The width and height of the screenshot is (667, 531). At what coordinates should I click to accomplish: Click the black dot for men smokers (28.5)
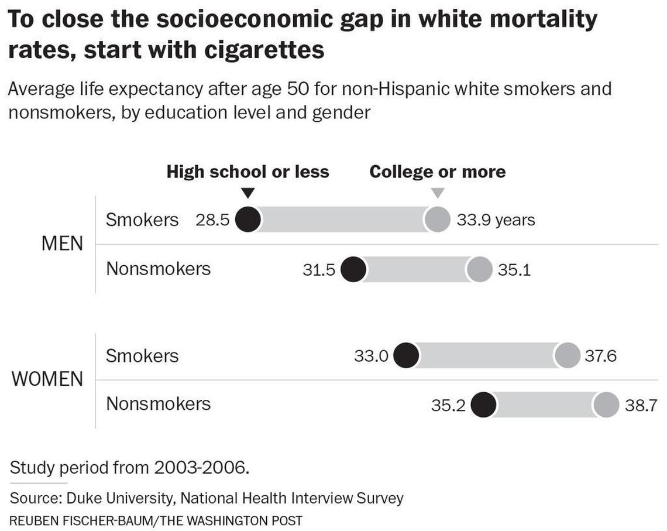pos(249,220)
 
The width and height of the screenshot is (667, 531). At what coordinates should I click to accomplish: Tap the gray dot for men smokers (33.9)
pos(437,220)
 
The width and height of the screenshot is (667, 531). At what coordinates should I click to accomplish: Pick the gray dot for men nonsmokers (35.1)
pos(480,270)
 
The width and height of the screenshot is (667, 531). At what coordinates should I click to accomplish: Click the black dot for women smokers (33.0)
pos(406,356)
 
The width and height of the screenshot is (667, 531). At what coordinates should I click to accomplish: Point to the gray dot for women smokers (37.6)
pos(567,356)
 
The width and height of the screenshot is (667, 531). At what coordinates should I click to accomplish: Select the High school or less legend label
pos(248,172)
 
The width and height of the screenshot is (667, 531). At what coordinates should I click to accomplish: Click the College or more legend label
pos(438,172)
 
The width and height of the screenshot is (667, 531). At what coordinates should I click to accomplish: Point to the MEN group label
pos(63,244)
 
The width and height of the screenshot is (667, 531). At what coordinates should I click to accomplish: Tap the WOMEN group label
pos(48,379)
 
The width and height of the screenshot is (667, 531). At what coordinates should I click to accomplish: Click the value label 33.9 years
pos(496,220)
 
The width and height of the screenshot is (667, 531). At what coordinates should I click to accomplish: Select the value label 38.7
pos(641,405)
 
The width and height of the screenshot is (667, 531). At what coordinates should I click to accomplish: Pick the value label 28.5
pos(212,220)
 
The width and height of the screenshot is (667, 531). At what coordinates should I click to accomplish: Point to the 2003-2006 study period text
pos(202,468)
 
